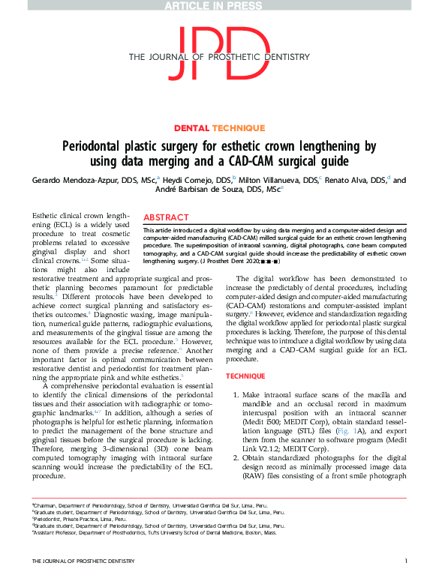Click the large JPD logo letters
pos(219,52)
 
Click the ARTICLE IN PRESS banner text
pos(219,7)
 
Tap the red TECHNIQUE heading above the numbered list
pos(245,375)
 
